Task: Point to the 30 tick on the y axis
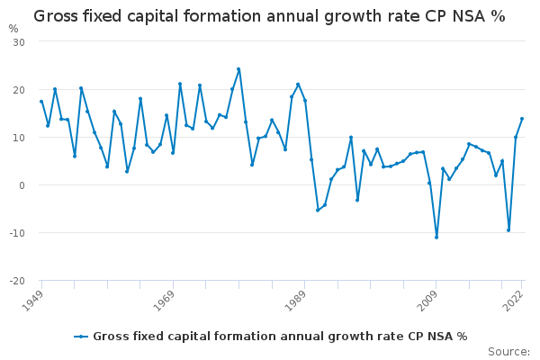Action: [x=19, y=42]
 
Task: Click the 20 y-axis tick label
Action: [x=19, y=90]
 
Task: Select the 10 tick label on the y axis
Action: [x=19, y=138]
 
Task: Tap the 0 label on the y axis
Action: [x=22, y=185]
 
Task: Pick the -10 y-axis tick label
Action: [x=17, y=233]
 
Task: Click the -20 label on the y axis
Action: [x=17, y=281]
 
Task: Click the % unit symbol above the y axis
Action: [x=13, y=28]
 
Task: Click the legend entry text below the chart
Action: [x=280, y=337]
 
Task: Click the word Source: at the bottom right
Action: [x=508, y=351]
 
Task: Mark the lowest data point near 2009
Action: [x=436, y=237]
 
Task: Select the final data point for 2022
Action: [x=522, y=119]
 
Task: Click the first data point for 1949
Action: [x=41, y=102]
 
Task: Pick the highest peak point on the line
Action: [x=238, y=69]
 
